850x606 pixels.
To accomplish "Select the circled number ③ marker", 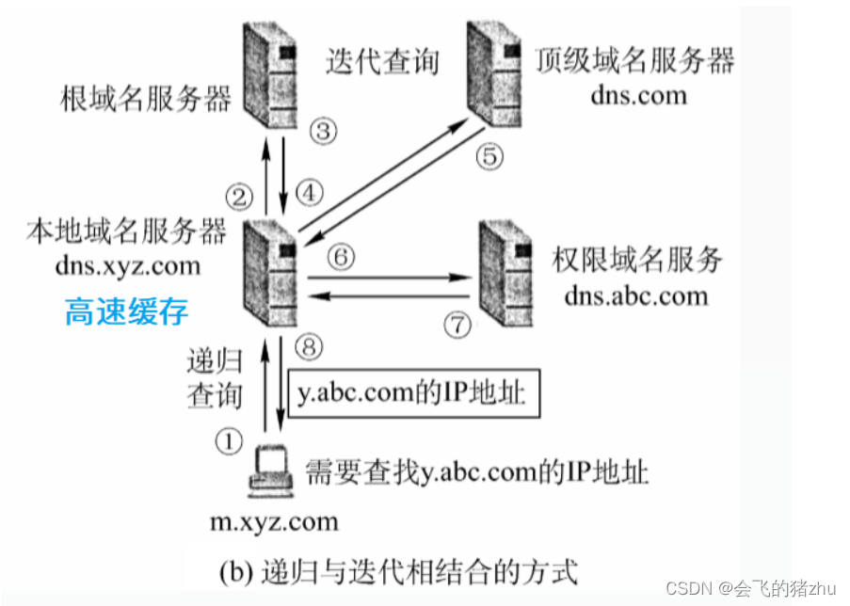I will click(323, 131).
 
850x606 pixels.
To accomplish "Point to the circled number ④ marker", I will click(309, 192).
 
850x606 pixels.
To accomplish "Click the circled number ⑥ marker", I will click(344, 256).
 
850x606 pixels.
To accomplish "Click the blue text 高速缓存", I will click(127, 312).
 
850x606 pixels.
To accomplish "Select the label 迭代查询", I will click(383, 62).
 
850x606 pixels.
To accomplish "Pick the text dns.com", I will click(638, 94).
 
